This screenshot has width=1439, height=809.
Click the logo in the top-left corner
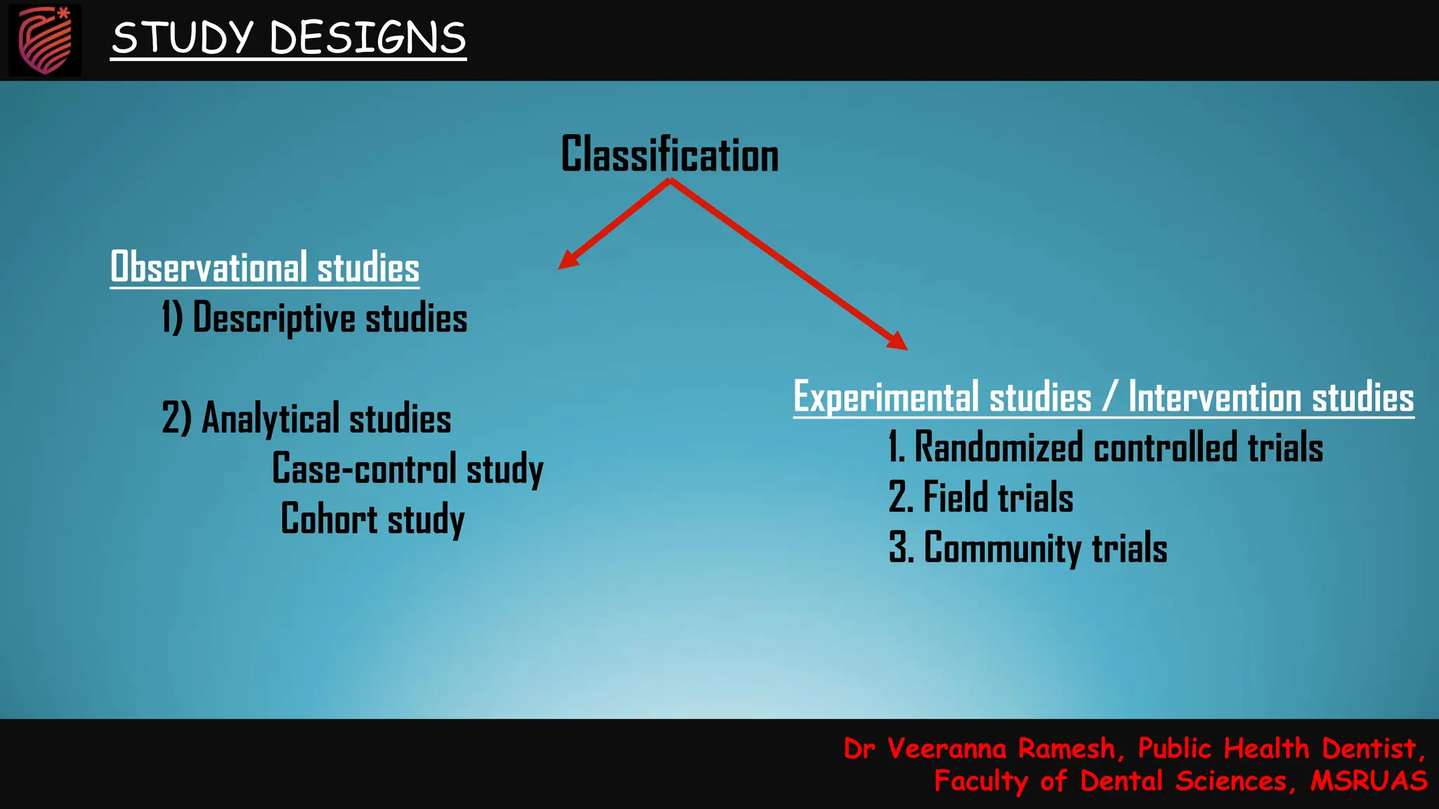pos(45,40)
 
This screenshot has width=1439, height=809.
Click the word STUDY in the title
pos(182,38)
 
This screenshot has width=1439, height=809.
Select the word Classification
pos(670,154)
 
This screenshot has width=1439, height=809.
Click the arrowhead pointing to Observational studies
pos(568,259)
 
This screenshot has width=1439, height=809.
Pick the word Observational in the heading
pos(209,268)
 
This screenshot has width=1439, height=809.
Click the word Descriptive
pos(274,318)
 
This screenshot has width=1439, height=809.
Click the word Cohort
pos(329,519)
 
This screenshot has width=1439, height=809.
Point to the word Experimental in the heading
pos(886,397)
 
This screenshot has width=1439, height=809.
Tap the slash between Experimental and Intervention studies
pos(1109,397)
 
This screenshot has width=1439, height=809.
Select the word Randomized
pos(998,448)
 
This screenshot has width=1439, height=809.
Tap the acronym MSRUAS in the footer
pos(1369,781)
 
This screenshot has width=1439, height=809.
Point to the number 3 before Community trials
pos(897,548)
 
